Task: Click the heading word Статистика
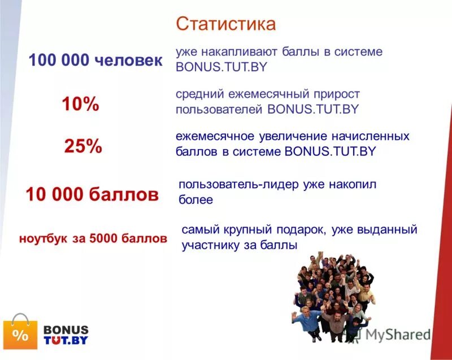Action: pyautogui.click(x=225, y=24)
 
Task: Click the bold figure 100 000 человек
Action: pyautogui.click(x=95, y=60)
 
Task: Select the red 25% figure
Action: pyautogui.click(x=83, y=147)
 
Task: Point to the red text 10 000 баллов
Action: pyautogui.click(x=92, y=196)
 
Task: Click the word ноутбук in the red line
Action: pyautogui.click(x=42, y=238)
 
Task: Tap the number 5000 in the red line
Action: pyautogui.click(x=107, y=238)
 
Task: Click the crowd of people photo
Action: pyautogui.click(x=333, y=297)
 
